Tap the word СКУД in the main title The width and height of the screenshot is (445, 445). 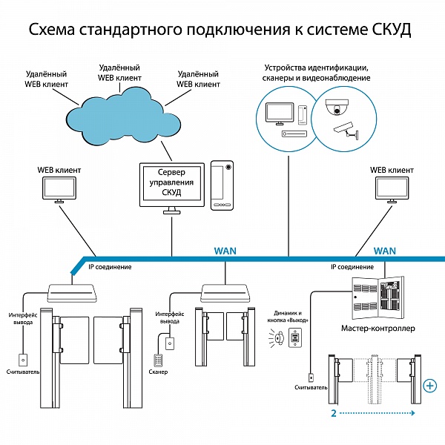pos(386,30)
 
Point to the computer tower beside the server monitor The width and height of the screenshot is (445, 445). pos(222,185)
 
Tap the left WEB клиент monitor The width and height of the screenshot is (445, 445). pos(59,191)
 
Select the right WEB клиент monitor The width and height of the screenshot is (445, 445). pos(391,191)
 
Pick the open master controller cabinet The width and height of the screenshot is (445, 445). pos(378,297)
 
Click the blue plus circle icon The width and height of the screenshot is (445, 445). pos(429,386)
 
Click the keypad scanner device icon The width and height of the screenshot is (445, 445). pos(159,359)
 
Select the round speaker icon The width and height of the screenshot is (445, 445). pos(277,338)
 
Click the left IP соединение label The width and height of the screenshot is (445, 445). pos(110,266)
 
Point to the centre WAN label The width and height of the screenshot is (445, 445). pos(225,251)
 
